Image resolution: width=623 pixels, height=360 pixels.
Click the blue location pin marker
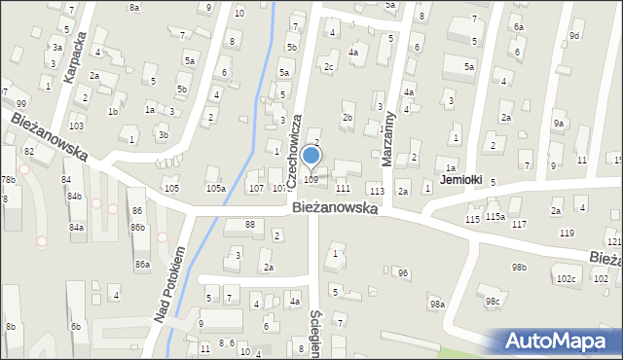[311, 156]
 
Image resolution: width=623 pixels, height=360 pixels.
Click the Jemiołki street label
[461, 180]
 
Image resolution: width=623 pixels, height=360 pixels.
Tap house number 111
[343, 188]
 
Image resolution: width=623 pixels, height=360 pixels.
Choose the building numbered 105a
[215, 188]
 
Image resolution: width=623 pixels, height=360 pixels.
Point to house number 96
[402, 273]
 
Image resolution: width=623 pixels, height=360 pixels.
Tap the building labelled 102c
[566, 279]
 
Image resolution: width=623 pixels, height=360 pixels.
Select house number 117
[519, 224]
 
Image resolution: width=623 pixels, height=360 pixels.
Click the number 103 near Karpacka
[76, 126]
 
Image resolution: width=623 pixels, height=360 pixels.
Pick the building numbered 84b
[74, 196]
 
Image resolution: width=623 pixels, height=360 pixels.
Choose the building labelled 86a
[142, 264]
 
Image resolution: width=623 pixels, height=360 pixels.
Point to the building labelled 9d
[574, 36]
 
